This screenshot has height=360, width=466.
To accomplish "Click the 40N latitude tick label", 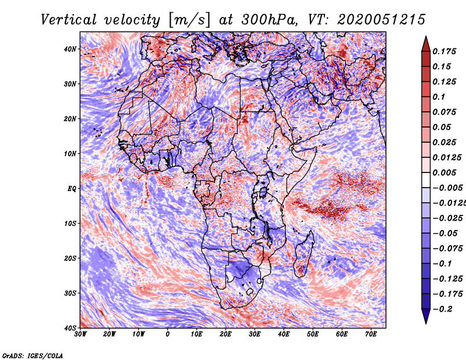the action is (x=70, y=49).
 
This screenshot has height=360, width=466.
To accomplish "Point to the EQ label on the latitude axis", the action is (x=72, y=189).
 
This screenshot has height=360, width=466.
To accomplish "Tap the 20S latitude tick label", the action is (x=70, y=258).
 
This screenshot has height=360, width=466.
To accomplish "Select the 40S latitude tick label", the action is (x=70, y=328).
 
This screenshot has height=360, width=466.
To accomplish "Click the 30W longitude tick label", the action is (x=80, y=334).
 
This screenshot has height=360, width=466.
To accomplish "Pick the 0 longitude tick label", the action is (x=168, y=334).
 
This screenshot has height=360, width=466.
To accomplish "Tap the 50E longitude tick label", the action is (x=313, y=334).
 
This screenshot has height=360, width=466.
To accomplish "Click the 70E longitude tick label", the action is (x=371, y=334).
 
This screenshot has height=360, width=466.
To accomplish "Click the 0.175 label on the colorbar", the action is (x=444, y=51).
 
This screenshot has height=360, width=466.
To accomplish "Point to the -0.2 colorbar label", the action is (x=442, y=309).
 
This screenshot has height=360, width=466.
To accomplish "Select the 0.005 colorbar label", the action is (x=444, y=172).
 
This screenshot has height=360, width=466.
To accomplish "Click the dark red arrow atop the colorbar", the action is (x=426, y=44).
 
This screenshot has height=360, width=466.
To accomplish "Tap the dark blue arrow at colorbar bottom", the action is (x=426, y=316).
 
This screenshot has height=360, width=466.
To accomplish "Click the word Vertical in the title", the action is (x=68, y=20).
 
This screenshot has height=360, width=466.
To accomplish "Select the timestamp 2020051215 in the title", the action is (x=381, y=20).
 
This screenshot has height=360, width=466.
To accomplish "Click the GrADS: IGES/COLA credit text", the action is (x=33, y=355).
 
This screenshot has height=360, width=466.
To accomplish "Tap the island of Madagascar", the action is (x=304, y=254).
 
